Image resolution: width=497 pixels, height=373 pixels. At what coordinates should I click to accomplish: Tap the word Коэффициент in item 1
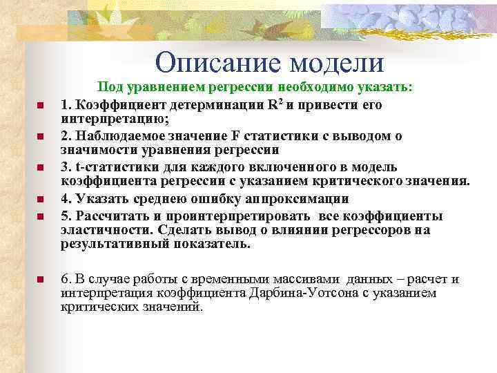[x=117, y=106]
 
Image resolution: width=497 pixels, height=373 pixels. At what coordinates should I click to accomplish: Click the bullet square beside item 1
[x=40, y=106]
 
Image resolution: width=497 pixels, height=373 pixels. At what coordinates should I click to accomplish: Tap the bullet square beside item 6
[x=40, y=280]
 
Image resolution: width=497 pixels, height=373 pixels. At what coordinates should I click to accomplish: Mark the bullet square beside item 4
[x=40, y=200]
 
